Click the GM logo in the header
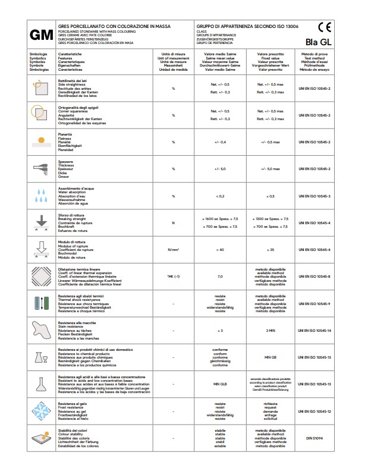tap(41, 35)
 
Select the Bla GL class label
tap(319, 42)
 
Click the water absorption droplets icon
tap(41, 196)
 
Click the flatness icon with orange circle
tap(41, 142)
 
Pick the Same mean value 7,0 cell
tap(219, 277)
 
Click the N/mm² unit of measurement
tap(174, 250)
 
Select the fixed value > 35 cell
tap(271, 250)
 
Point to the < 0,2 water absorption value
tap(219, 196)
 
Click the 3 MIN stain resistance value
tap(271, 330)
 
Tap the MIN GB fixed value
tap(271, 357)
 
